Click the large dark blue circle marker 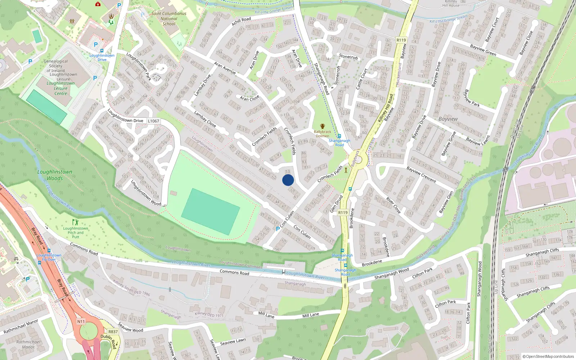coord(288,180)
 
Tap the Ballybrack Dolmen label coord(322,134)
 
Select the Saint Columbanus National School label coord(169,19)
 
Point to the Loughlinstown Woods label coord(55,175)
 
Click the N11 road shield coord(81,321)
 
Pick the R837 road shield coord(113,332)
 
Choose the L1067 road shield coord(153,121)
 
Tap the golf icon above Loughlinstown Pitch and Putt coord(75,222)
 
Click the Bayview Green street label coord(483,50)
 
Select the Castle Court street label coord(361,79)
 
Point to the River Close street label coord(393,205)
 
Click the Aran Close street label coord(249,98)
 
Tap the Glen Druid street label coord(337,204)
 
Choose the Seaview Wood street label coord(131,328)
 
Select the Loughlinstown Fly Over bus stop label coord(49,257)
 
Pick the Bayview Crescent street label coord(421,175)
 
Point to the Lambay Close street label coord(205,119)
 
